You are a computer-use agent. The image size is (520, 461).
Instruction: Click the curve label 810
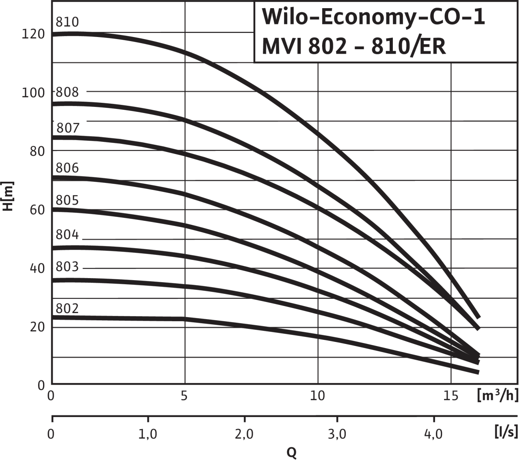point(67,22)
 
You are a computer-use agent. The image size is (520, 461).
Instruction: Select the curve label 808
point(67,92)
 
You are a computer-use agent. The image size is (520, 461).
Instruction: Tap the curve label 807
point(67,128)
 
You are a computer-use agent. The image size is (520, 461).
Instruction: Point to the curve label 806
point(67,167)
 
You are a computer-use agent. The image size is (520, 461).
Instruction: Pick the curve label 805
point(67,200)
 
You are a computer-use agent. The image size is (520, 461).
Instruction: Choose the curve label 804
point(67,235)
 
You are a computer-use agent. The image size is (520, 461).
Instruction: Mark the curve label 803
point(67,267)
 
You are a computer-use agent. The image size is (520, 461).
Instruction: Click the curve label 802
point(67,309)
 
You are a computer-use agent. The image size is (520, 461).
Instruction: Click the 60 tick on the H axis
point(37,210)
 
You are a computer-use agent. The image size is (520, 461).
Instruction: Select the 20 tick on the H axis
point(37,327)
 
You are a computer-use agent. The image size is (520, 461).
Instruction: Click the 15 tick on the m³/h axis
point(451,396)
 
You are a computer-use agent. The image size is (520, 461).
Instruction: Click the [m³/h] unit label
point(498,395)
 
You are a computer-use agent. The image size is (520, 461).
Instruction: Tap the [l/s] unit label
point(505,431)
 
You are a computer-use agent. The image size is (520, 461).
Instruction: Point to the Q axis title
point(291,452)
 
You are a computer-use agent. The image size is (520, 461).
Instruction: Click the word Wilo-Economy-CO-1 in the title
point(373,18)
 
